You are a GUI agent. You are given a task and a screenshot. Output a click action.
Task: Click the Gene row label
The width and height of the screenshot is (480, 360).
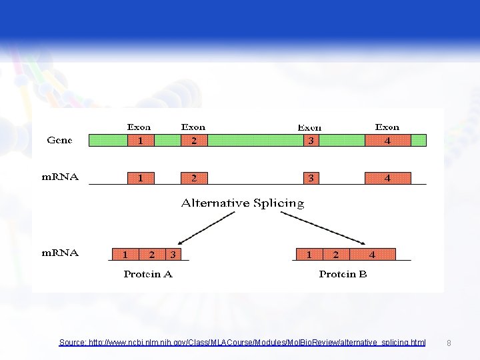point(59,141)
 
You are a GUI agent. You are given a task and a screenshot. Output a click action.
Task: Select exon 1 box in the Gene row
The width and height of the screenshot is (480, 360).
point(141,141)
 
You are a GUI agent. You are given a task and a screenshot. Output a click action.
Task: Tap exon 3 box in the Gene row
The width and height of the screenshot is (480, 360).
point(311,141)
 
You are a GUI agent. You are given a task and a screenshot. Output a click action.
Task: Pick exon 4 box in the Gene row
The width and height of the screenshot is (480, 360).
point(387,141)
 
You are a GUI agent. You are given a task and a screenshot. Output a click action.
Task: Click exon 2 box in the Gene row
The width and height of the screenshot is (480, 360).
point(194,141)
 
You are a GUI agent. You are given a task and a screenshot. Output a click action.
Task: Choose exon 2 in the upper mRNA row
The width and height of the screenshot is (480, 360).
point(194,178)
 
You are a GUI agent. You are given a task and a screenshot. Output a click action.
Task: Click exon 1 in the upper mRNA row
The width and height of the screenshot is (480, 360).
point(141,178)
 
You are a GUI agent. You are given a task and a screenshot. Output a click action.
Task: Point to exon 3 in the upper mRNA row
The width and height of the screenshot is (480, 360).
point(311,178)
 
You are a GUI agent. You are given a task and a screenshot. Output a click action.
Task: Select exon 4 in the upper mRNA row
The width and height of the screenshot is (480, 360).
point(387,178)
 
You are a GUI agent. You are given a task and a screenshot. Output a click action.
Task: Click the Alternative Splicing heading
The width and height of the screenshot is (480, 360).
point(243,203)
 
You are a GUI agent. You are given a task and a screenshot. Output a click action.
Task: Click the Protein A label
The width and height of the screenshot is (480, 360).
point(148,274)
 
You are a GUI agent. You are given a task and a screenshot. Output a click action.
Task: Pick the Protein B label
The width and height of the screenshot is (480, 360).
point(343,274)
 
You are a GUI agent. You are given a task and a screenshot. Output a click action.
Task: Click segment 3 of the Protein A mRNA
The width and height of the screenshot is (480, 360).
point(173,254)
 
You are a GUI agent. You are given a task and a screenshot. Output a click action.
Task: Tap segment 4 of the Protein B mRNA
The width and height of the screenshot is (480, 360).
point(372,254)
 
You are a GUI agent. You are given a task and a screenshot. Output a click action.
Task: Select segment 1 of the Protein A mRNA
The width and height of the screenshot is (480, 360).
point(125,254)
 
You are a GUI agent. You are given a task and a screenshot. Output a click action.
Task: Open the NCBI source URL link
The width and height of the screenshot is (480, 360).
point(242,342)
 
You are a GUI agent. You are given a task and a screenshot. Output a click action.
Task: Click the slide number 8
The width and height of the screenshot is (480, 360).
point(449,343)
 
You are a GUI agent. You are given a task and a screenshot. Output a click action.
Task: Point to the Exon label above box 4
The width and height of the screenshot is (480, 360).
point(387,127)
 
